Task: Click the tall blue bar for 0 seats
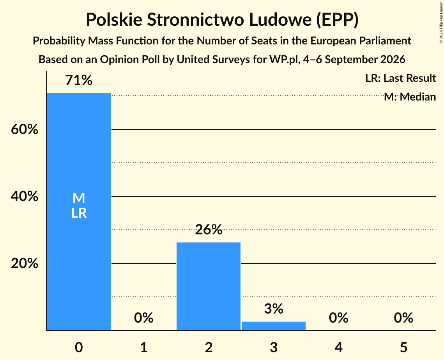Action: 79,212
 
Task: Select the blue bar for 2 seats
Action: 209,286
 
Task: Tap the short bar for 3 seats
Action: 274,326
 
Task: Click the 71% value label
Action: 79,80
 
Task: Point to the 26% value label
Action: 209,229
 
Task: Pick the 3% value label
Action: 274,309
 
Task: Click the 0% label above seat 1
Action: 143,318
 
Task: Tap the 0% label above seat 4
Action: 338,318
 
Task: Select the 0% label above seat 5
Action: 403,318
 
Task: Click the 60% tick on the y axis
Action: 25,129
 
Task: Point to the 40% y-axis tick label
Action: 25,196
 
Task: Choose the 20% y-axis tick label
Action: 25,263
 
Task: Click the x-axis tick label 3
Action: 274,347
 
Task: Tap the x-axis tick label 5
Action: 403,347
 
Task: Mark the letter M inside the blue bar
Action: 79,198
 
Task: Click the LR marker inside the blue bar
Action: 79,213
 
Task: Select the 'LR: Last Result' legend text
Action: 400,78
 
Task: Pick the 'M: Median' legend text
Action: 410,97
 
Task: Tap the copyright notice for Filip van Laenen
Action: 441,22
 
